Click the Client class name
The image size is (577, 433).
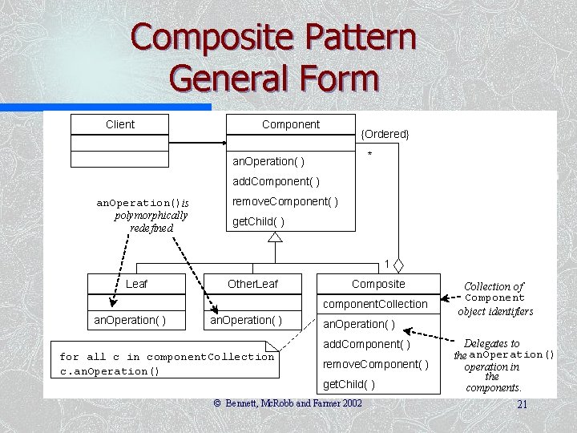click(x=120, y=124)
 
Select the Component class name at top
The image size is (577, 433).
click(x=290, y=124)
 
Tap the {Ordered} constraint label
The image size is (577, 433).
click(x=385, y=134)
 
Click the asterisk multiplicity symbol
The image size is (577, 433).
click(x=369, y=154)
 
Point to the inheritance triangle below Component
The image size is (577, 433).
click(x=275, y=237)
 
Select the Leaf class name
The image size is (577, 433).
click(x=137, y=284)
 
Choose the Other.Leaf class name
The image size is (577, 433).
click(x=252, y=284)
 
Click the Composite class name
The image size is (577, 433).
click(x=378, y=284)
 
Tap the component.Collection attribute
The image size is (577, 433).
click(x=375, y=304)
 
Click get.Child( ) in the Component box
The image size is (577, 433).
click(x=258, y=221)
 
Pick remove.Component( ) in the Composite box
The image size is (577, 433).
click(x=375, y=364)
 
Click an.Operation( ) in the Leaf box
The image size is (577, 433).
click(x=130, y=320)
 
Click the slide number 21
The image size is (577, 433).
click(x=522, y=405)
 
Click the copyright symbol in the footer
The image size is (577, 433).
click(x=216, y=403)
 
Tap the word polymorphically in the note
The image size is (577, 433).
click(x=151, y=215)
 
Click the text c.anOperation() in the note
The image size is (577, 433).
click(x=110, y=371)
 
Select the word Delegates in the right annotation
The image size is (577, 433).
click(x=491, y=343)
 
